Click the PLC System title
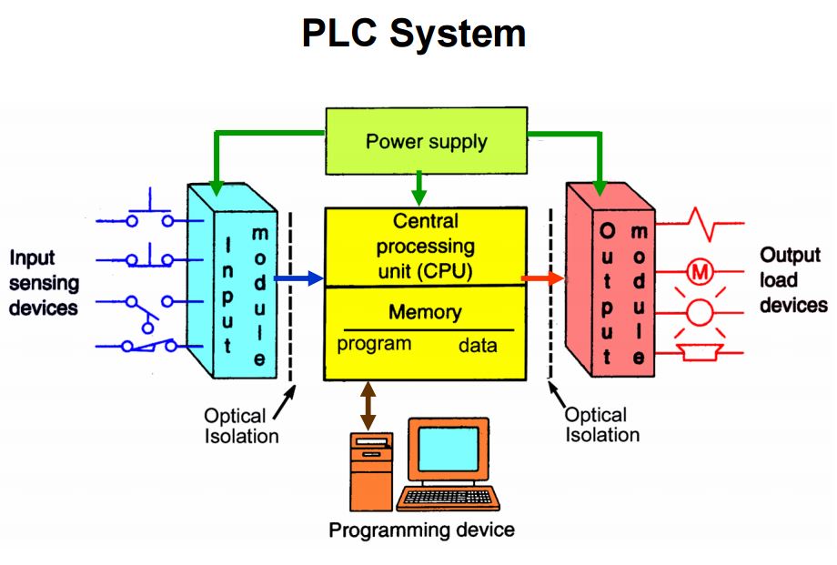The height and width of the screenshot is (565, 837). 414,34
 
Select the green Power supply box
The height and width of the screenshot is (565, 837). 426,142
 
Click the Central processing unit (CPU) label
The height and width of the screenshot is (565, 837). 426,246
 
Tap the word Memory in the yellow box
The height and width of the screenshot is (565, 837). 425,312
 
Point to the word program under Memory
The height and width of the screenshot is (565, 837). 373,345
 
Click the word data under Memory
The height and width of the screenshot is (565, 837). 478,346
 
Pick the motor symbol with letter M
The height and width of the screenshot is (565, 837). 699,270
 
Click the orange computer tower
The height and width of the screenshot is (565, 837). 372,470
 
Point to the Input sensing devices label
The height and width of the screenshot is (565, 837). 44,282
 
